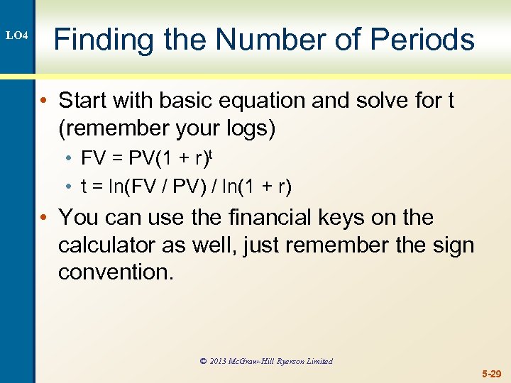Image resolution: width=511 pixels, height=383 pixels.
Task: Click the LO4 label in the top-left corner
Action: point(16,35)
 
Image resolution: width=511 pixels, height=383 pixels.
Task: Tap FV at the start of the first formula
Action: point(93,157)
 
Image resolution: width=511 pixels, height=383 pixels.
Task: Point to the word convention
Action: point(115,272)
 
